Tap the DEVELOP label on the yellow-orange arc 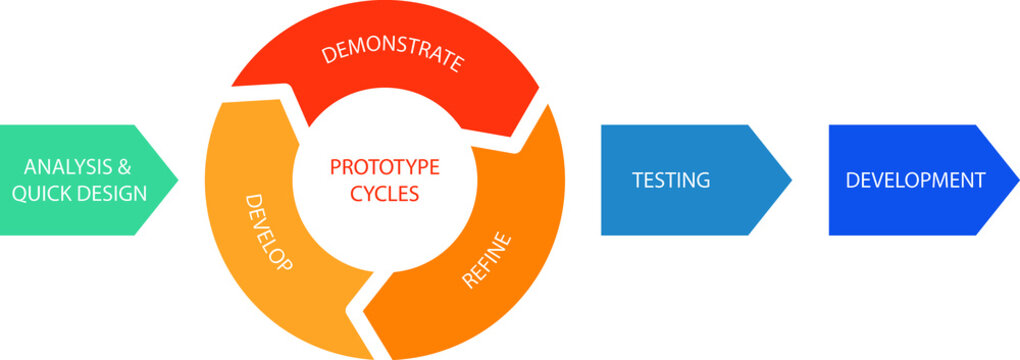(x=269, y=234)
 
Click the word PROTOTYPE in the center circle (x=385, y=166)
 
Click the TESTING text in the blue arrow (x=671, y=181)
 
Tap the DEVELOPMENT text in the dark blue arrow (x=915, y=181)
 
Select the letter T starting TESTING (x=637, y=181)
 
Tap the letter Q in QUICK (x=19, y=192)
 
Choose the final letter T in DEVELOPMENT (x=980, y=181)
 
